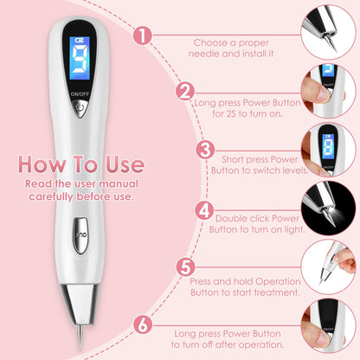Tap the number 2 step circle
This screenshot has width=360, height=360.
[x=183, y=92]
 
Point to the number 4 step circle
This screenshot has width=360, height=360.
[x=204, y=209]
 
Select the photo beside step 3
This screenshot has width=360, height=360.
[x=331, y=149]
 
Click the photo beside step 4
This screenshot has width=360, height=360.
[x=331, y=209]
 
